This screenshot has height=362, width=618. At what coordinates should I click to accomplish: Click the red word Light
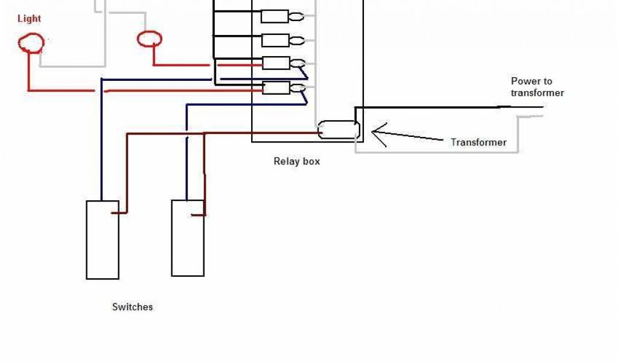point(29,19)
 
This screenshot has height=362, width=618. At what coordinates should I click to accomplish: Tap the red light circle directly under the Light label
point(31,43)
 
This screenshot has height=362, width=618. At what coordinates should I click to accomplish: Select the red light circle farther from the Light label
point(150,40)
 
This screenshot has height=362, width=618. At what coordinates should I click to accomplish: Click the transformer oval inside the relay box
point(339,130)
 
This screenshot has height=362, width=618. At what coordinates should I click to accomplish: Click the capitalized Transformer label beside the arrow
point(479,142)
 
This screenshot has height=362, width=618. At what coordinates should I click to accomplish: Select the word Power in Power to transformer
point(524,81)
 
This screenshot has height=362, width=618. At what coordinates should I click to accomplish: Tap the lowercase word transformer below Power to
point(537,93)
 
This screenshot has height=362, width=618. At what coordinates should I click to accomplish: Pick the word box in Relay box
point(311,161)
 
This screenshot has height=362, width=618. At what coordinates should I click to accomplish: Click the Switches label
point(132,307)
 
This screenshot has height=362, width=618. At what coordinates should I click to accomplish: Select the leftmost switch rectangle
point(102,240)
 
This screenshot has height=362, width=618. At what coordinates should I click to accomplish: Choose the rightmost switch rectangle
point(188,238)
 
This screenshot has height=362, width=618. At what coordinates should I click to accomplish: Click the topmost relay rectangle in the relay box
point(275,16)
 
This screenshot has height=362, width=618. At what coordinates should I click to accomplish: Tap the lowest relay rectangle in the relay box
point(276,88)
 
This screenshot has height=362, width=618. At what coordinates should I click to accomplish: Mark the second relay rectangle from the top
point(275,40)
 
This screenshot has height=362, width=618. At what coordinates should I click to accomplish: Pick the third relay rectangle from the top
point(276,63)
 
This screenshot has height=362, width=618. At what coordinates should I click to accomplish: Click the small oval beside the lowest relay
point(297,89)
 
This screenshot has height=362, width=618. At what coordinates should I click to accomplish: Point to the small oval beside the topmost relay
point(296,17)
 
